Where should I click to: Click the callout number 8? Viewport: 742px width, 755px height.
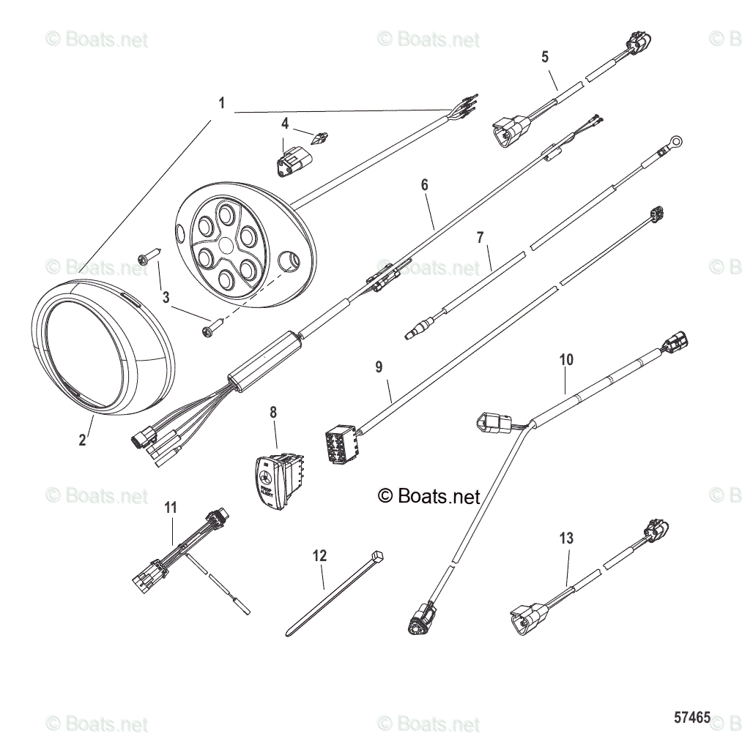[273, 413]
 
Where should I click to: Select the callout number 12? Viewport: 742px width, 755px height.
[319, 556]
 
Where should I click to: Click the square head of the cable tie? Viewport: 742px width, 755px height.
[378, 558]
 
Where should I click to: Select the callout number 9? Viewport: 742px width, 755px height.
[379, 367]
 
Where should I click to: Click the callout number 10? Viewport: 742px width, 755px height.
[566, 360]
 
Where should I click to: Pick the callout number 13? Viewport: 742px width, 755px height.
[566, 538]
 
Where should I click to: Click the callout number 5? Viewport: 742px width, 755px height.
[544, 56]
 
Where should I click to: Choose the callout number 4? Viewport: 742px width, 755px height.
[285, 123]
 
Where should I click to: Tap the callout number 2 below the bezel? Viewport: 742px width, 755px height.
[82, 440]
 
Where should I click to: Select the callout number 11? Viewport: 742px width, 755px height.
[171, 506]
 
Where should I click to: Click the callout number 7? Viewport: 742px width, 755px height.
[481, 237]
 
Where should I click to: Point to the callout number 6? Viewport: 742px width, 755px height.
[424, 185]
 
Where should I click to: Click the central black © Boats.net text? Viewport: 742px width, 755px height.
[429, 497]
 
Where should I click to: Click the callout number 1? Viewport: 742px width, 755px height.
[222, 103]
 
